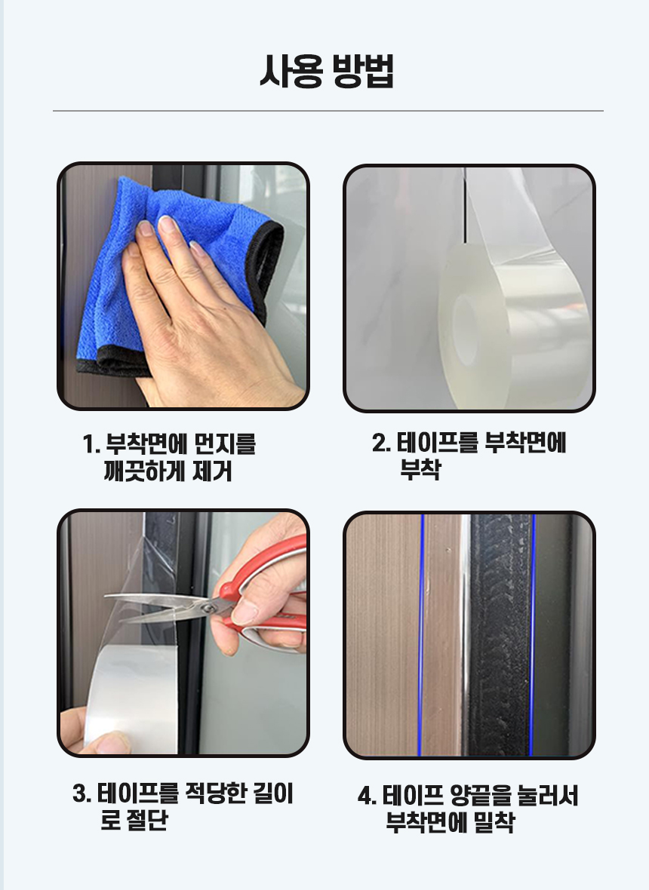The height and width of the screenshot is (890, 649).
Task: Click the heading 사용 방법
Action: (327, 72)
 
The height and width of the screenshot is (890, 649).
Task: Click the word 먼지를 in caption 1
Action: (225, 444)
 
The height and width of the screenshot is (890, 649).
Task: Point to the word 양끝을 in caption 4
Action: (480, 796)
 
